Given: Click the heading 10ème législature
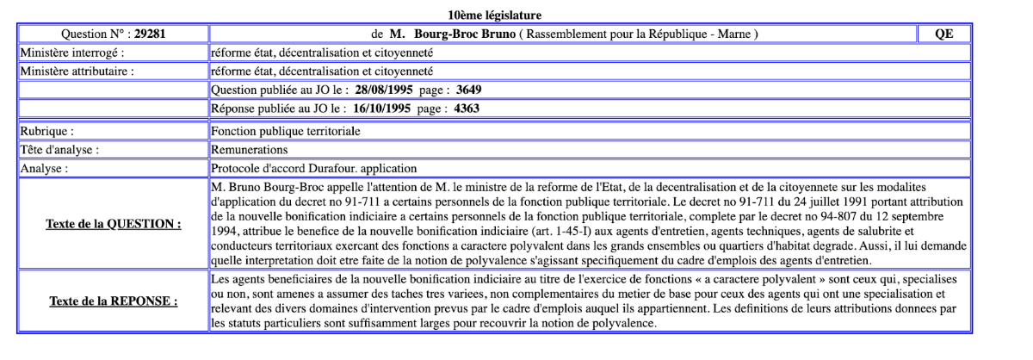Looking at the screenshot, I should tap(494, 16).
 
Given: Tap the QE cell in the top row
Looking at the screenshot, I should tap(945, 34).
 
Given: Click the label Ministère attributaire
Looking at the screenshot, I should tap(77, 71).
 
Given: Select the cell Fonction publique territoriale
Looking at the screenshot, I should tap(286, 132).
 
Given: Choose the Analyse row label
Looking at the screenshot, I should tap(44, 168).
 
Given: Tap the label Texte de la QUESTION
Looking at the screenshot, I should tap(113, 224).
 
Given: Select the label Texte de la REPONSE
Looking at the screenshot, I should tap(113, 301).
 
